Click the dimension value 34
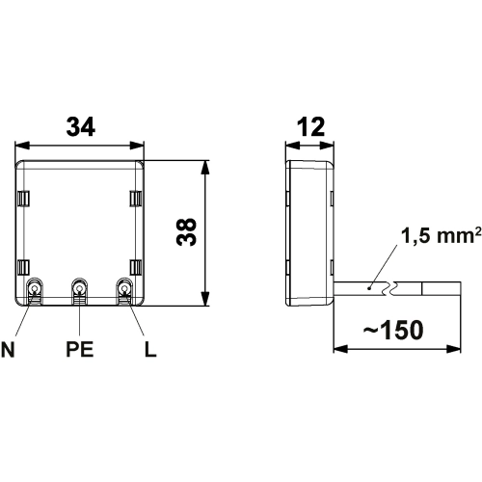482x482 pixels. click(x=81, y=126)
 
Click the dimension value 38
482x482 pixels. click(x=186, y=231)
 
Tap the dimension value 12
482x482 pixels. click(x=311, y=126)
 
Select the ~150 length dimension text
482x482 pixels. click(x=393, y=330)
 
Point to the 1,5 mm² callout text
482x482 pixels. click(x=442, y=235)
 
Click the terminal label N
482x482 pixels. click(x=8, y=349)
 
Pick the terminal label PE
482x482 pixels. click(x=80, y=349)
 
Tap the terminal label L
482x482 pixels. click(x=150, y=349)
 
